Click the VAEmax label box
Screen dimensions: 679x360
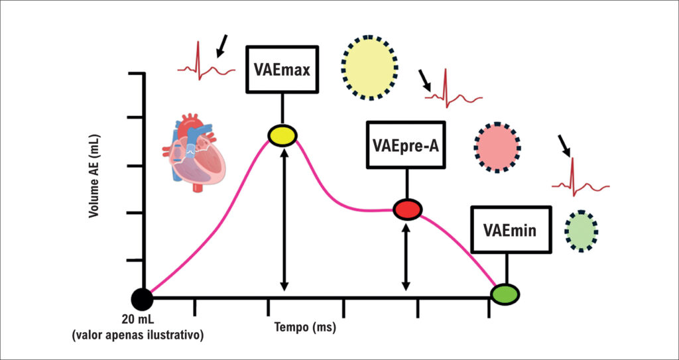pyautogui.click(x=282, y=69)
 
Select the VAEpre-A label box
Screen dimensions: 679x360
pyautogui.click(x=406, y=145)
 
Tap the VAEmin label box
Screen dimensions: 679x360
pyautogui.click(x=511, y=229)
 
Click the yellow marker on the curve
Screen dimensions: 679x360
pyautogui.click(x=282, y=136)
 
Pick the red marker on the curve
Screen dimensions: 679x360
pyautogui.click(x=407, y=210)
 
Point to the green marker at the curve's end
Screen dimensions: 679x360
pyautogui.click(x=505, y=294)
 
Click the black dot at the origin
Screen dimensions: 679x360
pyautogui.click(x=142, y=298)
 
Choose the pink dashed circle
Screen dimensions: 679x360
pyautogui.click(x=497, y=148)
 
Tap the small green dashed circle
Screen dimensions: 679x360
pyautogui.click(x=581, y=231)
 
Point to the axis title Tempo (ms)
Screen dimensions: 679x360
pyautogui.click(x=305, y=326)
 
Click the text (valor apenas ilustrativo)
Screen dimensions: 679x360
pyautogui.click(x=138, y=335)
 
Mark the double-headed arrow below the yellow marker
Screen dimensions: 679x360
pyautogui.click(x=284, y=219)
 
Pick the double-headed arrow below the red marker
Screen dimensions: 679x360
pyautogui.click(x=406, y=259)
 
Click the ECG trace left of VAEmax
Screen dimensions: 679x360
pyautogui.click(x=206, y=61)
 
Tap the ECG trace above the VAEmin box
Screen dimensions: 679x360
pyautogui.click(x=580, y=178)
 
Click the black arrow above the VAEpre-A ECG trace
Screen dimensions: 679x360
pyautogui.click(x=425, y=81)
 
